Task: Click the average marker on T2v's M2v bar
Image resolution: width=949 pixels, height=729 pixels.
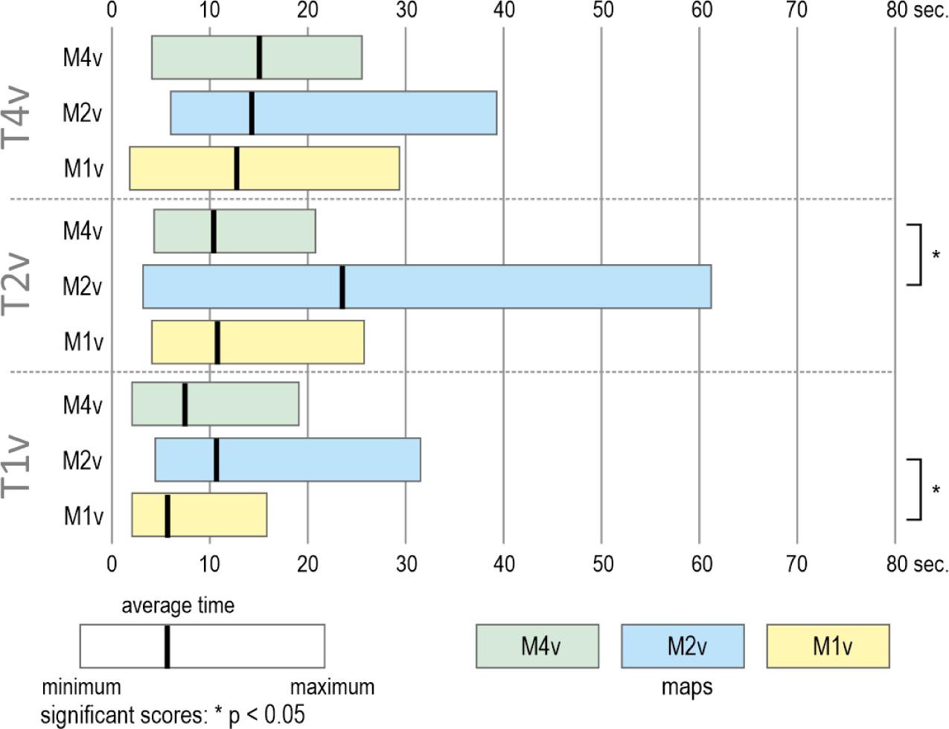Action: click(342, 286)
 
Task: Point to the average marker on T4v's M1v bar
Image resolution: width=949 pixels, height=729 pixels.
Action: click(236, 168)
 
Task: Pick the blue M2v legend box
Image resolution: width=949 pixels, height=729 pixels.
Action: click(683, 646)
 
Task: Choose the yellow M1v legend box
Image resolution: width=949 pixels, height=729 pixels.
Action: click(828, 646)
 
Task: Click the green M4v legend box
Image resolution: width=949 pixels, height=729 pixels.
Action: click(537, 646)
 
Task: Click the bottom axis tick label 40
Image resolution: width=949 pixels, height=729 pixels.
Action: click(504, 564)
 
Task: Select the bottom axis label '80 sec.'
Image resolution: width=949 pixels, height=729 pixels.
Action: click(916, 564)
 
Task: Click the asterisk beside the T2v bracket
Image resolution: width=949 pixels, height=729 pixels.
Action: click(936, 255)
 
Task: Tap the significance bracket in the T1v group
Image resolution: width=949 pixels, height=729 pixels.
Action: click(917, 489)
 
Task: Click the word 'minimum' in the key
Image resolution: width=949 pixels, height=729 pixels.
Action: click(81, 686)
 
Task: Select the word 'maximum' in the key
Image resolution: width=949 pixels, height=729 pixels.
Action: click(332, 686)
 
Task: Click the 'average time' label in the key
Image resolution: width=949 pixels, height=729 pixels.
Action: click(178, 606)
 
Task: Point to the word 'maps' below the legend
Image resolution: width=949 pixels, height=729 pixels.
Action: click(686, 687)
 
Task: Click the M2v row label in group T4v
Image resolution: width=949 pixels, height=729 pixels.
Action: click(82, 113)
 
